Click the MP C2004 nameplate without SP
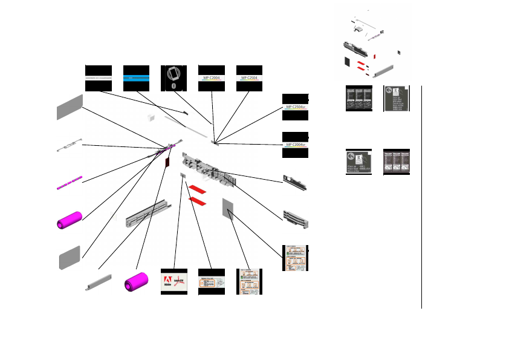coord(212,78)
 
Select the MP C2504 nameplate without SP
coord(249,78)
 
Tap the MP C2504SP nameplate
coord(296,107)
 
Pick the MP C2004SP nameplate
coord(296,145)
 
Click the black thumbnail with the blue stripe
coord(137,78)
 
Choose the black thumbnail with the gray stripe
coord(99,78)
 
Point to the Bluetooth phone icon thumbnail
coord(174,78)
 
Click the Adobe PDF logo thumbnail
coord(174,281)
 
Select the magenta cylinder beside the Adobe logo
coord(137,283)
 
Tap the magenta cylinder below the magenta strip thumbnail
coord(69,220)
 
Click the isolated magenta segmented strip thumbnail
coord(69,183)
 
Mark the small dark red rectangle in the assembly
coord(167,161)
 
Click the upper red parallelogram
coord(198,190)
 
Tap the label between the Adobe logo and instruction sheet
coord(212,282)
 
